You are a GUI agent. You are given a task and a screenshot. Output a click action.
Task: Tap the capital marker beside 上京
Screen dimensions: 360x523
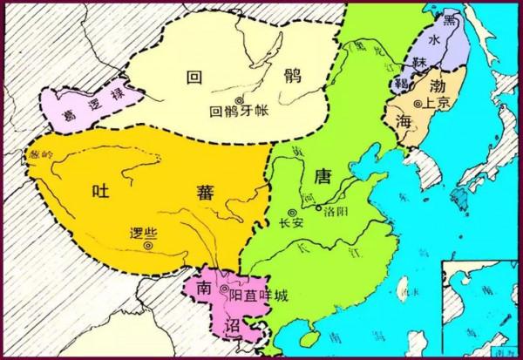pos(418,104)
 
